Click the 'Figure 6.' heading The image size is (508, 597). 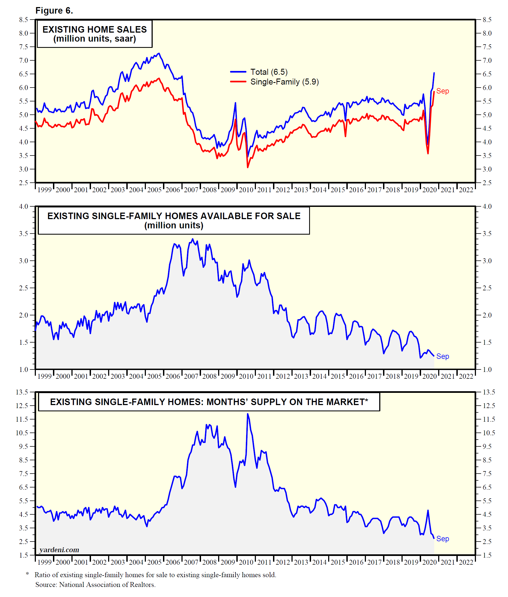(54, 11)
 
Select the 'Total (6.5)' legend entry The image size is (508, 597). (269, 72)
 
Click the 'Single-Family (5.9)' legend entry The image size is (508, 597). (284, 82)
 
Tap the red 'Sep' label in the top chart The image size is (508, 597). (442, 91)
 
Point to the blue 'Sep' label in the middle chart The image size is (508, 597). (442, 356)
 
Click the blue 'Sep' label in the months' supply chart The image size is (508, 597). (442, 539)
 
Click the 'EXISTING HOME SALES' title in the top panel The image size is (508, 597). (95, 29)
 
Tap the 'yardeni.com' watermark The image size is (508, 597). (59, 550)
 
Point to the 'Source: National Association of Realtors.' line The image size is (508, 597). (95, 584)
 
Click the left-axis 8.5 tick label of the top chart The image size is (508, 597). (24, 20)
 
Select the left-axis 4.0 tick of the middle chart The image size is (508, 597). (24, 206)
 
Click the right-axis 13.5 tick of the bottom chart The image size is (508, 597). (489, 392)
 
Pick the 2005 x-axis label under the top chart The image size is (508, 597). (154, 190)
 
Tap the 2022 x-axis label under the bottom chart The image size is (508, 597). (466, 562)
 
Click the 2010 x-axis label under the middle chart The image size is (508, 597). (246, 376)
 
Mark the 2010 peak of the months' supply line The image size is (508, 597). (248, 414)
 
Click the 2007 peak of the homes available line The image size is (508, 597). (193, 239)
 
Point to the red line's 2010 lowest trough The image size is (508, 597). (248, 167)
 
